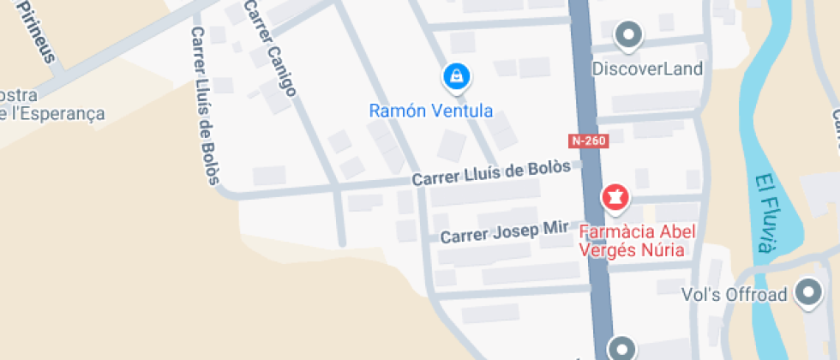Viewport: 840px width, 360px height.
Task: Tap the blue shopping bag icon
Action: pyautogui.click(x=457, y=77)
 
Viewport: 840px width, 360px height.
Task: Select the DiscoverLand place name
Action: pyautogui.click(x=647, y=69)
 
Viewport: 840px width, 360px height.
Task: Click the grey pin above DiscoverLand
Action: pyautogui.click(x=630, y=35)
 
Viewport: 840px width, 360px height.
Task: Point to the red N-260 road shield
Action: pyautogui.click(x=588, y=141)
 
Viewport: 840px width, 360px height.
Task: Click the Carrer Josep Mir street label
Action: pyautogui.click(x=505, y=231)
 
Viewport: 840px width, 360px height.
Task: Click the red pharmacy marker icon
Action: pyautogui.click(x=615, y=198)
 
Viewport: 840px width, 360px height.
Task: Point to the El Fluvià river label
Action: pyautogui.click(x=764, y=213)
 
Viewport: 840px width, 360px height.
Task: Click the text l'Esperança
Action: pyautogui.click(x=56, y=114)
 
